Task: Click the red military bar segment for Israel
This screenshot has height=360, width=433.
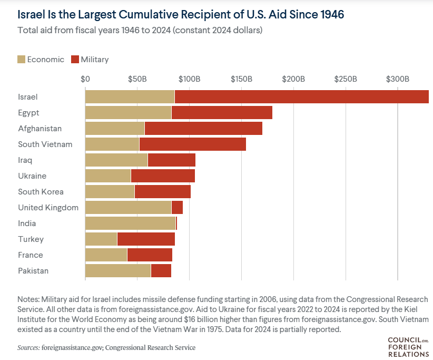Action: pyautogui.click(x=301, y=97)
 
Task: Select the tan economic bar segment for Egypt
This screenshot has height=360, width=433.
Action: pyautogui.click(x=128, y=113)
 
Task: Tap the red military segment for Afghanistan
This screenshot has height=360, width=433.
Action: pyautogui.click(x=203, y=129)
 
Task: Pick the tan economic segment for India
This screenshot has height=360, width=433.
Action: pyautogui.click(x=130, y=223)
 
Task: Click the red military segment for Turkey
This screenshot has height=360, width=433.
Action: pyautogui.click(x=146, y=239)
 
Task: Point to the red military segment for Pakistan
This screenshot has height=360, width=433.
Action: pyautogui.click(x=161, y=271)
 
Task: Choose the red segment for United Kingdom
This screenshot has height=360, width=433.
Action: pyautogui.click(x=177, y=208)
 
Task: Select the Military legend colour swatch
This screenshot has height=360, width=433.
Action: pyautogui.click(x=74, y=59)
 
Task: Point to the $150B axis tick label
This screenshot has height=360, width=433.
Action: pyautogui.click(x=241, y=79)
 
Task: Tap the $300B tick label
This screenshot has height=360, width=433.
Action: pyautogui.click(x=398, y=79)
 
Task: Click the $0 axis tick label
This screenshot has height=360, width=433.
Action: pyautogui.click(x=85, y=79)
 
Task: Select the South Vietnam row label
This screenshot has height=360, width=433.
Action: pyautogui.click(x=45, y=144)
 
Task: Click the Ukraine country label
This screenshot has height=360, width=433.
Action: pyautogui.click(x=32, y=176)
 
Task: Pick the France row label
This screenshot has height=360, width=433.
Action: pyautogui.click(x=30, y=255)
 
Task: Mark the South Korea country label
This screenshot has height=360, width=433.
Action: pyautogui.click(x=41, y=192)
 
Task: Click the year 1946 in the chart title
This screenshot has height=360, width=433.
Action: pyautogui.click(x=331, y=14)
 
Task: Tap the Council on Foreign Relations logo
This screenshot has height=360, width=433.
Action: pyautogui.click(x=408, y=347)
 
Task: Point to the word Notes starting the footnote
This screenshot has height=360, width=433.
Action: pyautogui.click(x=29, y=298)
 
